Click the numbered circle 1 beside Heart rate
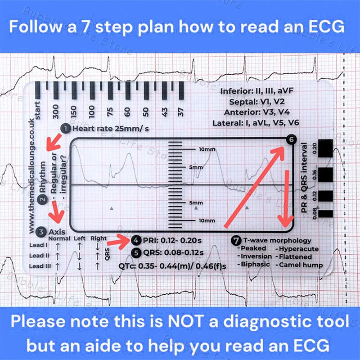66,129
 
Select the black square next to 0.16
326,172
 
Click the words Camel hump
301,265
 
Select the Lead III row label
39,266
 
